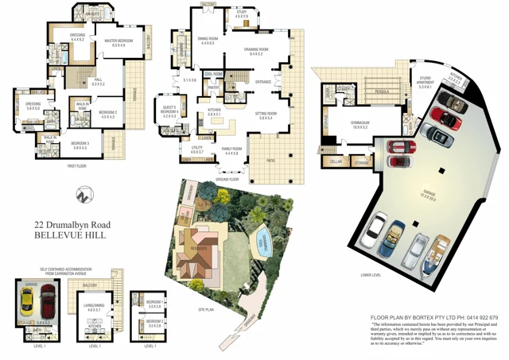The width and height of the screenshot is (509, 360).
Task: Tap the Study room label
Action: [241, 14]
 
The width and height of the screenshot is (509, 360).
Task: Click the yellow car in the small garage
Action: [28, 300]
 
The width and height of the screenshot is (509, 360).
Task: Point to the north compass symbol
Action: [82, 193]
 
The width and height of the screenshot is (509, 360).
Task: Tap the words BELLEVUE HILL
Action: [71, 237]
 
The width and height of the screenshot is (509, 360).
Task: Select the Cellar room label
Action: [336, 161]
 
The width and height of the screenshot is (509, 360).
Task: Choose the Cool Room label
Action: [212, 74]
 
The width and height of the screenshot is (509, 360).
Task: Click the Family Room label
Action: [231, 150]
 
